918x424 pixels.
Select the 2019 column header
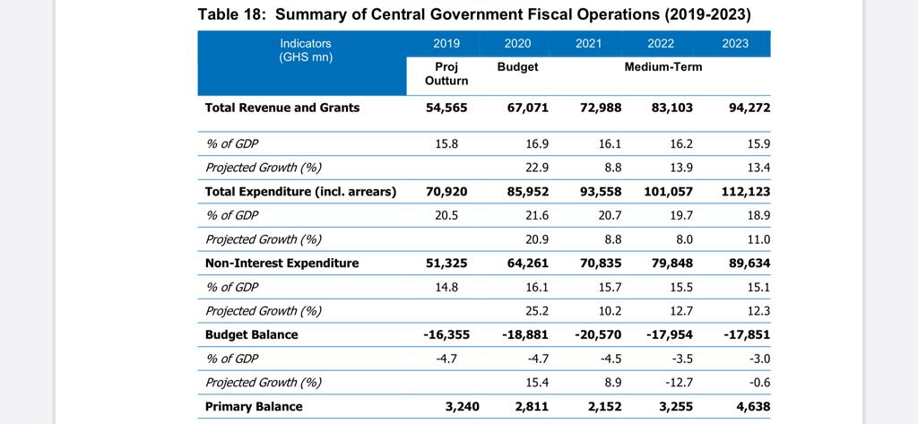click(x=446, y=43)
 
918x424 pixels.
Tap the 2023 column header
click(x=734, y=43)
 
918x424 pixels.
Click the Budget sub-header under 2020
click(x=517, y=67)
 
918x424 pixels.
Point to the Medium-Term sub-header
click(x=663, y=67)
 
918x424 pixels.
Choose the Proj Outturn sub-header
click(x=446, y=74)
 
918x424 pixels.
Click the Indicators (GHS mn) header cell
click(x=306, y=50)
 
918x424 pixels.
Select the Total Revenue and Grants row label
click(x=282, y=108)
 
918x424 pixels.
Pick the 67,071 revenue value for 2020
click(x=526, y=108)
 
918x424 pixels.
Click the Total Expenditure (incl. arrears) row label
click(x=300, y=191)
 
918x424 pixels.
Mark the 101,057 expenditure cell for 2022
click(x=668, y=191)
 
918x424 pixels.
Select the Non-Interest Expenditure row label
click(x=281, y=263)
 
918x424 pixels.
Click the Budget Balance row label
click(x=251, y=334)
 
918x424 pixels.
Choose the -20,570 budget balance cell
click(x=597, y=334)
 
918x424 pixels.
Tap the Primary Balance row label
click(x=254, y=406)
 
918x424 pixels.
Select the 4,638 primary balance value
click(x=751, y=406)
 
